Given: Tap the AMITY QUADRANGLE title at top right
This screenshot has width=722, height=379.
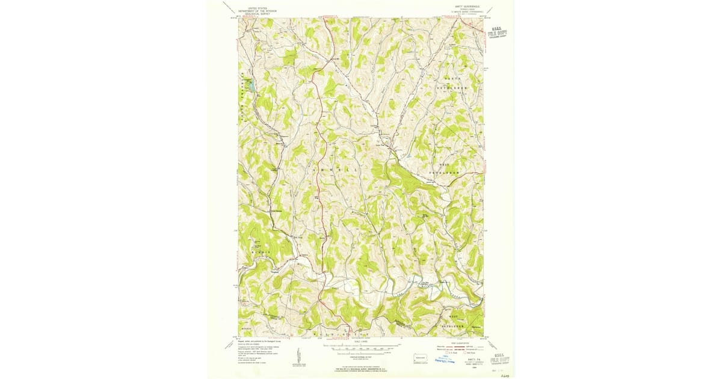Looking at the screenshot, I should click(x=461, y=7).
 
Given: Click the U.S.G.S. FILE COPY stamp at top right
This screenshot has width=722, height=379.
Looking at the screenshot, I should click(x=498, y=32).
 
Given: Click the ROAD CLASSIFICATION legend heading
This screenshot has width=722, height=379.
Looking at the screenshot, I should click(x=461, y=343).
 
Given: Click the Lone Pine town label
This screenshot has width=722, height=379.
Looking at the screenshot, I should click(x=380, y=144).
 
